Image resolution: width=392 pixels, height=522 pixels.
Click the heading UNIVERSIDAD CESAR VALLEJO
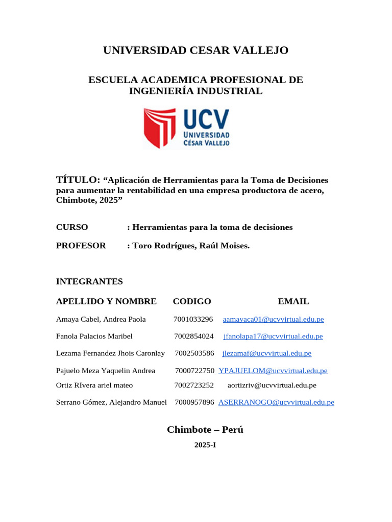pyautogui.click(x=195, y=50)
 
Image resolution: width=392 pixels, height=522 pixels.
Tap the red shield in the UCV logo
pyautogui.click(x=160, y=127)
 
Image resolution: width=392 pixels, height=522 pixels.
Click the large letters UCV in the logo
pyautogui.click(x=206, y=120)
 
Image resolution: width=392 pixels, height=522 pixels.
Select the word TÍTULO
pyautogui.click(x=78, y=180)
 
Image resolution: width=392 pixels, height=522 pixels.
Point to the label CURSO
pyautogui.click(x=72, y=227)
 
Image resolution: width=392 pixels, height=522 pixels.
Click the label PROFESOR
pyautogui.click(x=81, y=246)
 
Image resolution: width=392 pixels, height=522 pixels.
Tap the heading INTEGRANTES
pyautogui.click(x=89, y=281)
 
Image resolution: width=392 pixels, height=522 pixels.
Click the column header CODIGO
pyautogui.click(x=192, y=301)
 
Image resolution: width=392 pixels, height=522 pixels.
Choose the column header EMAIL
pyautogui.click(x=293, y=301)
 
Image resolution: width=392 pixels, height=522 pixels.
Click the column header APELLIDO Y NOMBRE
pyautogui.click(x=106, y=301)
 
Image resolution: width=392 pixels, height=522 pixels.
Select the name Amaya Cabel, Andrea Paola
pyautogui.click(x=101, y=320)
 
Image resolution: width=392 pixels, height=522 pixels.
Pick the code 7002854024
pyautogui.click(x=194, y=336)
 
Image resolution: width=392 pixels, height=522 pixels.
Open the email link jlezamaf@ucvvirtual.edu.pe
pyautogui.click(x=267, y=353)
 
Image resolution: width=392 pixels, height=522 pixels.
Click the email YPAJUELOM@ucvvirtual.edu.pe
pyautogui.click(x=273, y=371)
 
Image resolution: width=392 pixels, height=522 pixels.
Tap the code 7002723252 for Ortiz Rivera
pyautogui.click(x=194, y=385)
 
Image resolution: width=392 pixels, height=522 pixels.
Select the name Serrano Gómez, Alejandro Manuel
pyautogui.click(x=111, y=402)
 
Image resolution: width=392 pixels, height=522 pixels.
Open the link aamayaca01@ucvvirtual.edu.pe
pyautogui.click(x=274, y=320)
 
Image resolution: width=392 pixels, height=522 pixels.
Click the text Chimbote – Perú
pyautogui.click(x=205, y=430)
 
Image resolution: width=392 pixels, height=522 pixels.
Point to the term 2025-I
pyautogui.click(x=205, y=445)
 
